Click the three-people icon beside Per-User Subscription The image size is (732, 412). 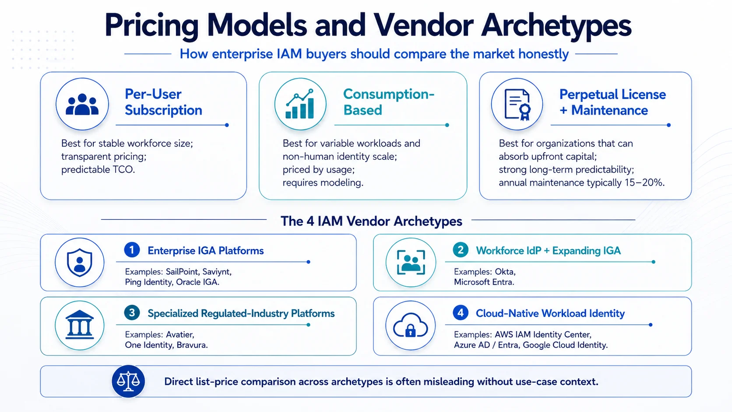82,104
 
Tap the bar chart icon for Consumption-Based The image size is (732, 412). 300,104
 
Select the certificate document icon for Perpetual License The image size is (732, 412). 517,105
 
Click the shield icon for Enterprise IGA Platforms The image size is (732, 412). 79,262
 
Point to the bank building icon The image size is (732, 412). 79,325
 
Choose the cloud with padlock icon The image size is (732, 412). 411,325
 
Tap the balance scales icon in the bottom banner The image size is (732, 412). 128,381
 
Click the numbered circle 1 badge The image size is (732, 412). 132,250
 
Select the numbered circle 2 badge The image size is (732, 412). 461,250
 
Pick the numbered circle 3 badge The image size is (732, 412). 132,313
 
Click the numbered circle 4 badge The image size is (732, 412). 461,313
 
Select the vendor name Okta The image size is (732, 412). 505,272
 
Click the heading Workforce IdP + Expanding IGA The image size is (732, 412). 548,250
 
